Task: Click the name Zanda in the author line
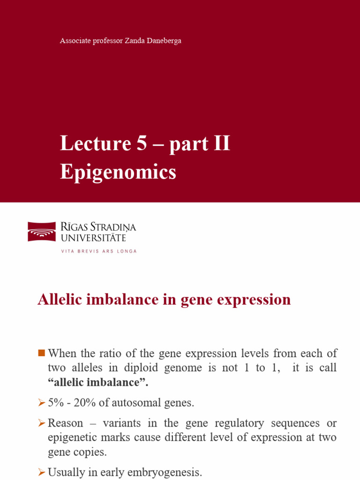click(139, 41)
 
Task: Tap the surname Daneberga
click(166, 41)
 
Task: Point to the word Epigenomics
click(118, 172)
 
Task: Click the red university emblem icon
click(42, 232)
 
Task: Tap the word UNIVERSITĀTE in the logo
click(93, 238)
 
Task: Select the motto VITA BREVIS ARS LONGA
click(99, 251)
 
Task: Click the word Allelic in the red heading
click(58, 300)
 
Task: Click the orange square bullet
click(41, 352)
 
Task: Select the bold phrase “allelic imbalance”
click(98, 383)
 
